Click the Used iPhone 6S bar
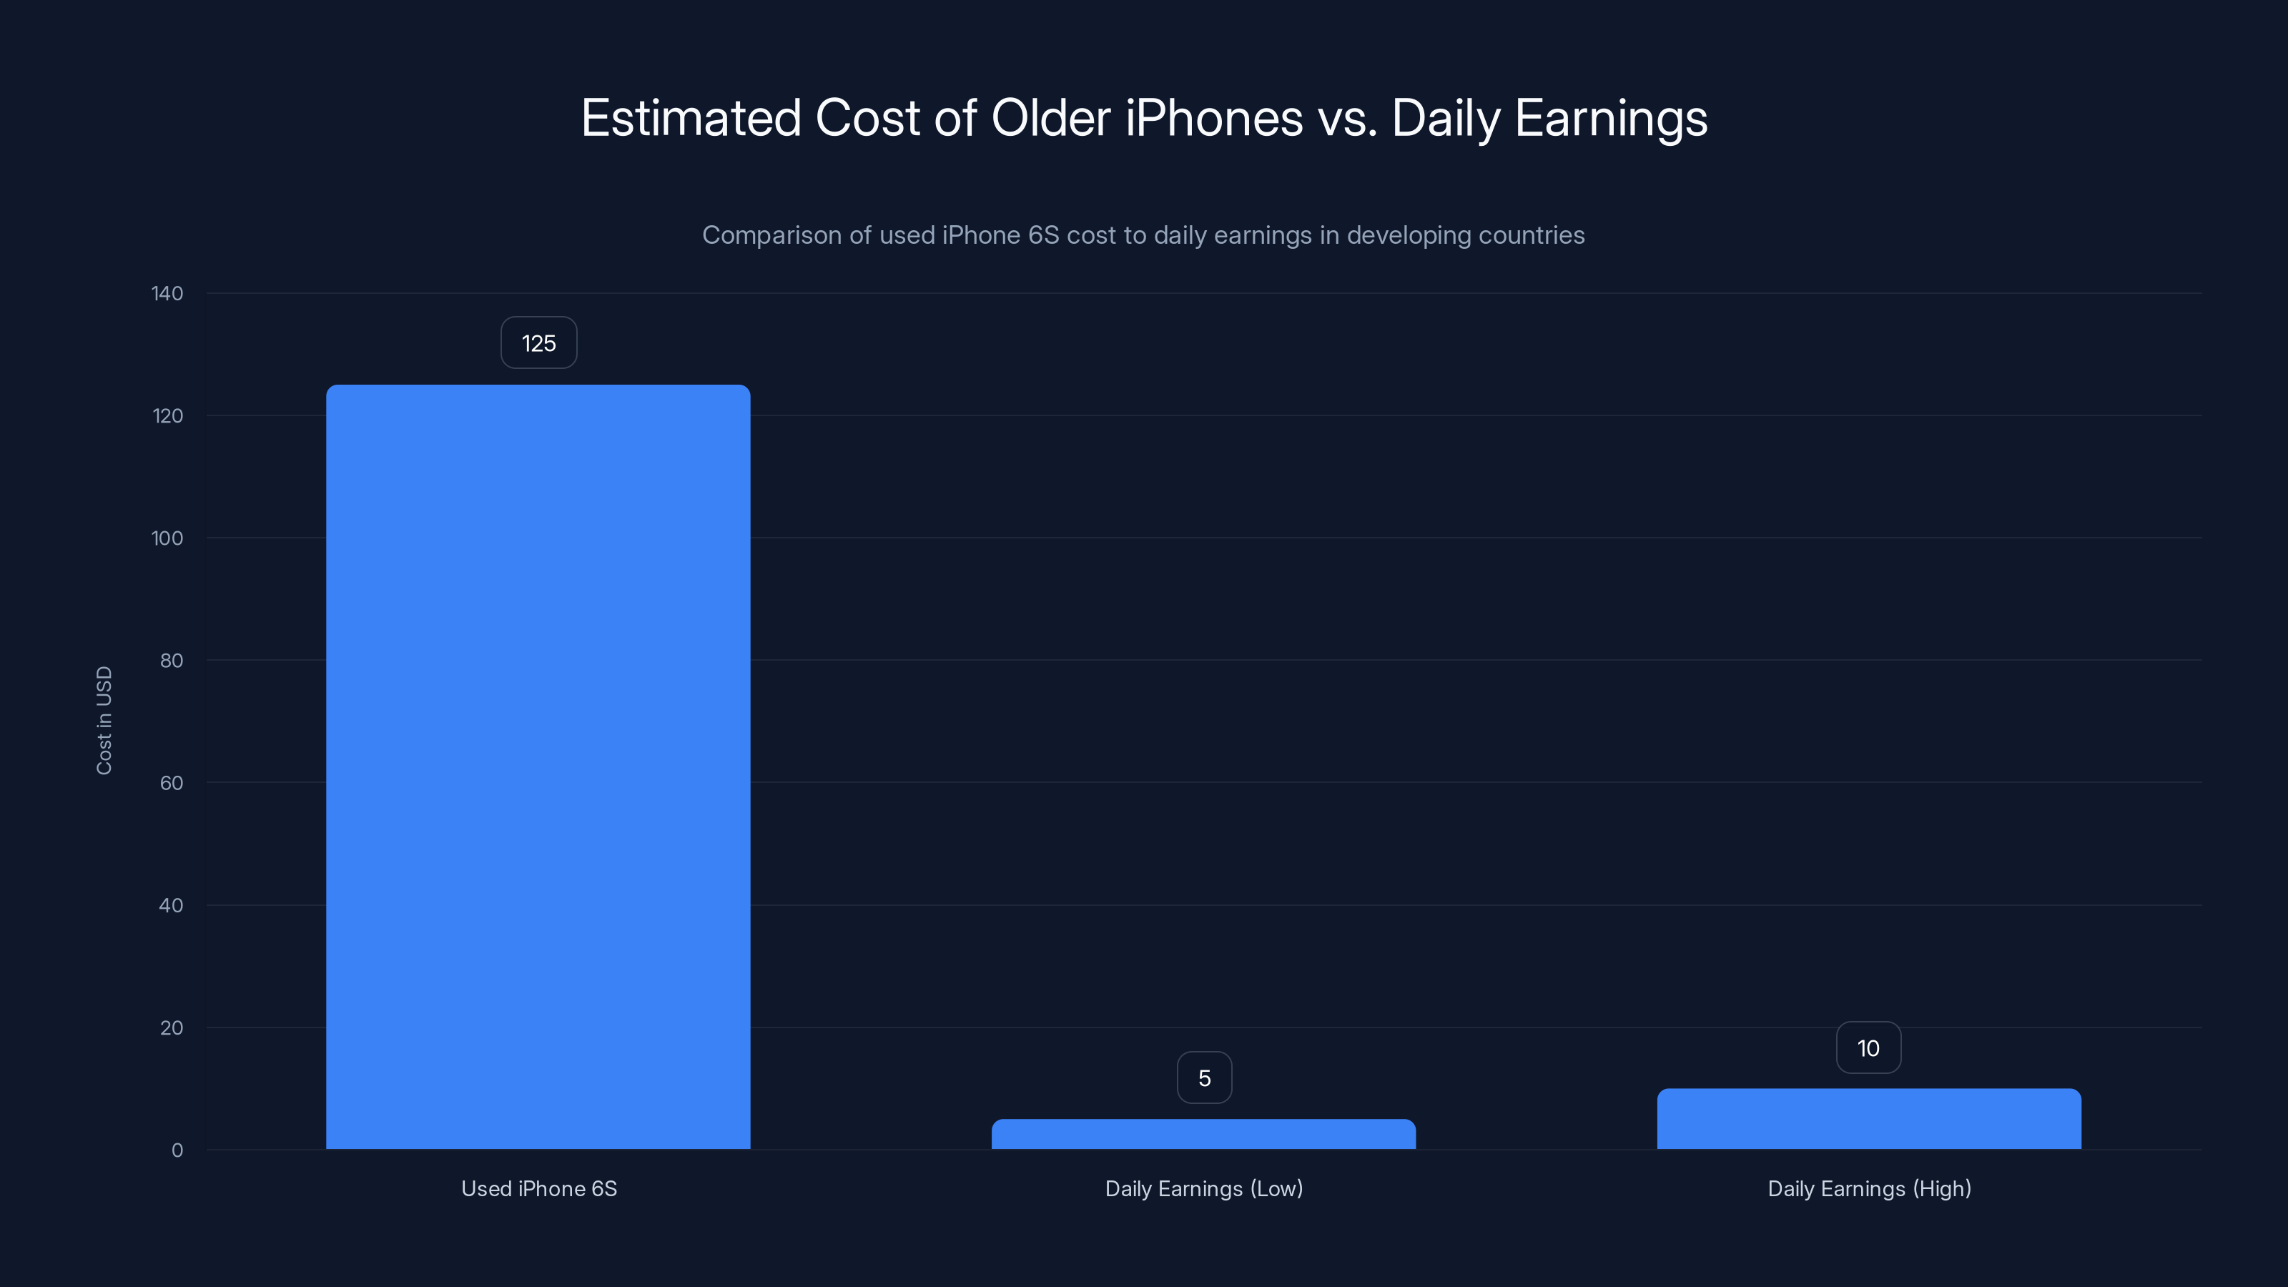[x=538, y=766]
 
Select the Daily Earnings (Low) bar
[x=1203, y=1134]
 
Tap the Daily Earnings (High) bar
[x=1869, y=1119]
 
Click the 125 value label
[x=538, y=343]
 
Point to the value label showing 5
[x=1204, y=1078]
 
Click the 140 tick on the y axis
[x=167, y=293]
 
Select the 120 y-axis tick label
[x=167, y=415]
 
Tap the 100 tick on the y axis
[x=167, y=538]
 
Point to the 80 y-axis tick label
[x=172, y=660]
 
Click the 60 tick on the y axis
[x=172, y=782]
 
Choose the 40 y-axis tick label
[x=172, y=905]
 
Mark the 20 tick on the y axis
[x=172, y=1027]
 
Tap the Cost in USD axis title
[x=104, y=720]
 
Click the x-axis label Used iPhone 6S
[x=539, y=1188]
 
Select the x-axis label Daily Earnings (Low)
[x=1203, y=1188]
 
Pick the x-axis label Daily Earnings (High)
[x=1870, y=1188]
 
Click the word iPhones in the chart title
[x=1213, y=118]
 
